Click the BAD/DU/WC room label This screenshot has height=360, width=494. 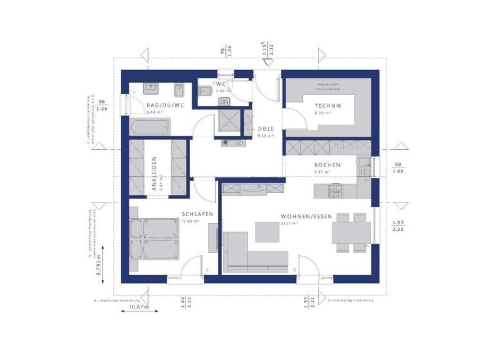(x=165, y=105)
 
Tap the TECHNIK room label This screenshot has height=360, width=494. (x=328, y=106)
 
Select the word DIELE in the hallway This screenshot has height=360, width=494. (x=266, y=129)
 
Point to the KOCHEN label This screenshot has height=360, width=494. (x=327, y=165)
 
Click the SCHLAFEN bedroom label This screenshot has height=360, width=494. (x=194, y=215)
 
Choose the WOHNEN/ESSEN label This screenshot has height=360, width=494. (x=306, y=217)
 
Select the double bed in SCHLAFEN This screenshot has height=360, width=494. (x=155, y=238)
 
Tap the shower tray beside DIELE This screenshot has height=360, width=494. (x=228, y=122)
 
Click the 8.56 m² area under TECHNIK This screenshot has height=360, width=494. (x=322, y=113)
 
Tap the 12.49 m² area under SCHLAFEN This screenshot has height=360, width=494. (x=190, y=222)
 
